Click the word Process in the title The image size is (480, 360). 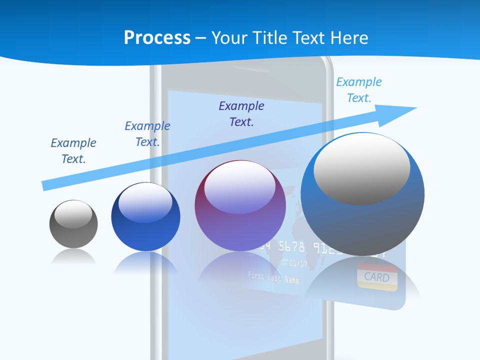[157, 38]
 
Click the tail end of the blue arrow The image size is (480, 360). [45, 185]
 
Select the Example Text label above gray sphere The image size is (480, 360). [73, 151]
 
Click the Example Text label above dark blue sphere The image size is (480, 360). [147, 134]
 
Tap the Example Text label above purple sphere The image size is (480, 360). [241, 114]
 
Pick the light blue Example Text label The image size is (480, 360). [358, 90]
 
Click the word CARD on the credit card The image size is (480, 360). [376, 276]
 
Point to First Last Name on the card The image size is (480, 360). [273, 277]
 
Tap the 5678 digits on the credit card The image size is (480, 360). [291, 246]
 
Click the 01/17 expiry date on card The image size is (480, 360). [298, 263]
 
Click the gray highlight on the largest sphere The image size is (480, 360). [362, 169]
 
